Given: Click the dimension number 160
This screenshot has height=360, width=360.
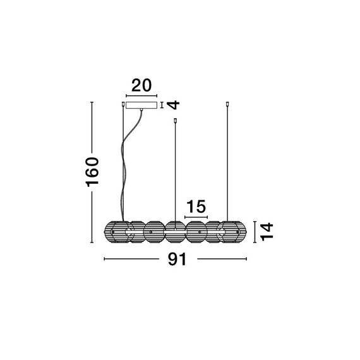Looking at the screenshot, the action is (x=92, y=172).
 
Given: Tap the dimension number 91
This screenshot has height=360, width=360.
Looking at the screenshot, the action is (x=177, y=260).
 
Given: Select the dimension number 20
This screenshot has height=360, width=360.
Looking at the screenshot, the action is (x=141, y=85).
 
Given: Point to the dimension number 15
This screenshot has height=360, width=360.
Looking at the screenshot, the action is (x=196, y=207).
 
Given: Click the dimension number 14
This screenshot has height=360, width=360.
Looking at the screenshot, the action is (x=267, y=232).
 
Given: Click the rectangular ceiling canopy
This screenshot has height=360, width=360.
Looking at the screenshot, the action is (x=141, y=105).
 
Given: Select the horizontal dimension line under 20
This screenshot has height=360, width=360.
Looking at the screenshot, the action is (x=141, y=96).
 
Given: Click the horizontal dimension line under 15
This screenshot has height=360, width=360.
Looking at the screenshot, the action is (x=196, y=217).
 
